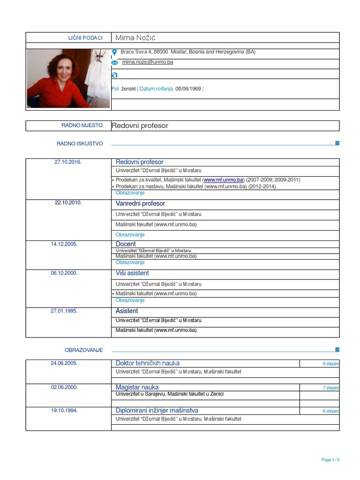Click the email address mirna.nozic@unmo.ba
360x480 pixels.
[x=147, y=62]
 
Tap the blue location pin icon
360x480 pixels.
[x=114, y=52]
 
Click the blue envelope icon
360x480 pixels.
[x=114, y=62]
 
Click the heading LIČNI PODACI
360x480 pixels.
[x=85, y=37]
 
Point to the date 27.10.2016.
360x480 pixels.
[x=68, y=162]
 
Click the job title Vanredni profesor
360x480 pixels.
[x=140, y=203]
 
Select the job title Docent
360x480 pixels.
[x=126, y=244]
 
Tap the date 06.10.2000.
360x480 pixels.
[x=64, y=273]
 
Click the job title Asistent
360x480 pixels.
[x=127, y=311]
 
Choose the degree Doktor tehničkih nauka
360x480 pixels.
[x=147, y=363]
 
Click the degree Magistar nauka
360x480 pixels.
[x=137, y=387]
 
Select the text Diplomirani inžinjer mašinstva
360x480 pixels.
[x=157, y=410]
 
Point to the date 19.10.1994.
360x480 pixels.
[x=64, y=410]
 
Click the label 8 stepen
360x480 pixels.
[x=330, y=364]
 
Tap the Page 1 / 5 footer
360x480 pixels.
[x=330, y=460]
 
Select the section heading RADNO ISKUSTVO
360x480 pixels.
[x=80, y=143]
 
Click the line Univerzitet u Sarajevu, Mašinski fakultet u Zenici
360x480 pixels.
[x=170, y=394]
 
